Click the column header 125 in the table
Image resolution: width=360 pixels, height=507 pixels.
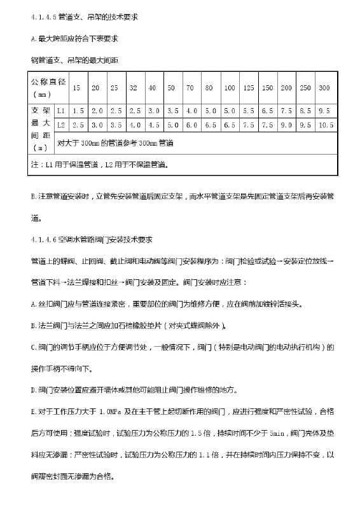click(x=249, y=87)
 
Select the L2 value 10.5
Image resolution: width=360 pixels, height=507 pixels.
click(x=326, y=125)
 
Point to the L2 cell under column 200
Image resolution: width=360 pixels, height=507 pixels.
click(x=287, y=125)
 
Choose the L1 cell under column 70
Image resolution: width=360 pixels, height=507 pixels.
click(x=190, y=111)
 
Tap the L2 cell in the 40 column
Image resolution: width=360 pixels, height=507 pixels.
click(x=153, y=125)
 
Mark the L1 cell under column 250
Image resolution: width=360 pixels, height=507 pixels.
click(x=305, y=111)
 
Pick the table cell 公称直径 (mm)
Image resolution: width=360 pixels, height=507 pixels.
click(x=48, y=87)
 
